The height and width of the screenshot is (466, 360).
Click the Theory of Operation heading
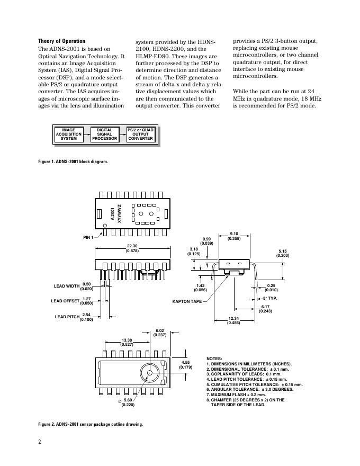click(x=61, y=41)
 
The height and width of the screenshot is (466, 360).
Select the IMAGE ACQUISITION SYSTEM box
click(x=68, y=135)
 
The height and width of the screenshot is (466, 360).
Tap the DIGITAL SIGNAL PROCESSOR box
click(x=104, y=135)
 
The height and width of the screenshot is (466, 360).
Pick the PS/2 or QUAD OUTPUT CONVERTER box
click(x=140, y=135)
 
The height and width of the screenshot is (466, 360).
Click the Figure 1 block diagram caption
click(x=73, y=162)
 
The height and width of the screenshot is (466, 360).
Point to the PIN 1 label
click(x=88, y=237)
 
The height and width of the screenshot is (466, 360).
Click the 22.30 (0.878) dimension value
click(x=132, y=248)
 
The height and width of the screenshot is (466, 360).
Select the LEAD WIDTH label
click(x=67, y=286)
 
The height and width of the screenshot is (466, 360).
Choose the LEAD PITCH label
click(x=67, y=317)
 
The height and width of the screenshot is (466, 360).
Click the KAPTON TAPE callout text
click(x=187, y=301)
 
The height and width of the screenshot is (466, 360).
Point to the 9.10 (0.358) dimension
click(x=234, y=236)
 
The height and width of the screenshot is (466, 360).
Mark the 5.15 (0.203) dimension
click(x=283, y=253)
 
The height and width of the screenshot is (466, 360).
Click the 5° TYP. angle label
click(x=271, y=299)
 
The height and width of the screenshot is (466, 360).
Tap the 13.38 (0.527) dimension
click(x=127, y=342)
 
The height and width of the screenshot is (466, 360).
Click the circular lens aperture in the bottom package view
click(x=150, y=373)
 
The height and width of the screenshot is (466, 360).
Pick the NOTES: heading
click(x=214, y=359)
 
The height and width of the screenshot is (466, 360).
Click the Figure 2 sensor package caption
click(x=90, y=424)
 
